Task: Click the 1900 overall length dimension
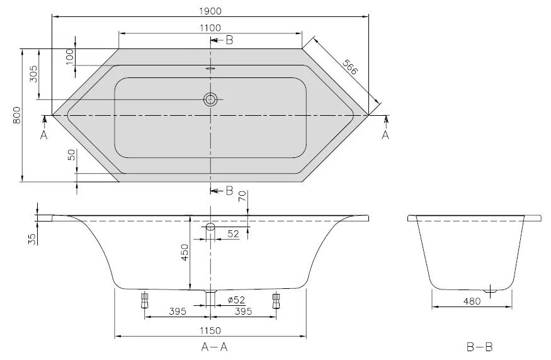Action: point(210,11)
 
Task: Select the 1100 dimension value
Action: point(210,28)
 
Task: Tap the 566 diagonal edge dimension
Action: point(350,67)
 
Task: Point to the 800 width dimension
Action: point(17,115)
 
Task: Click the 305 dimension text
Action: point(33,74)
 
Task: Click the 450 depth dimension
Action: point(185,252)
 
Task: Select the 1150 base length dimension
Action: point(210,331)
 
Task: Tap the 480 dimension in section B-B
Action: point(472,301)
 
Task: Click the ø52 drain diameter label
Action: point(236,300)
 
